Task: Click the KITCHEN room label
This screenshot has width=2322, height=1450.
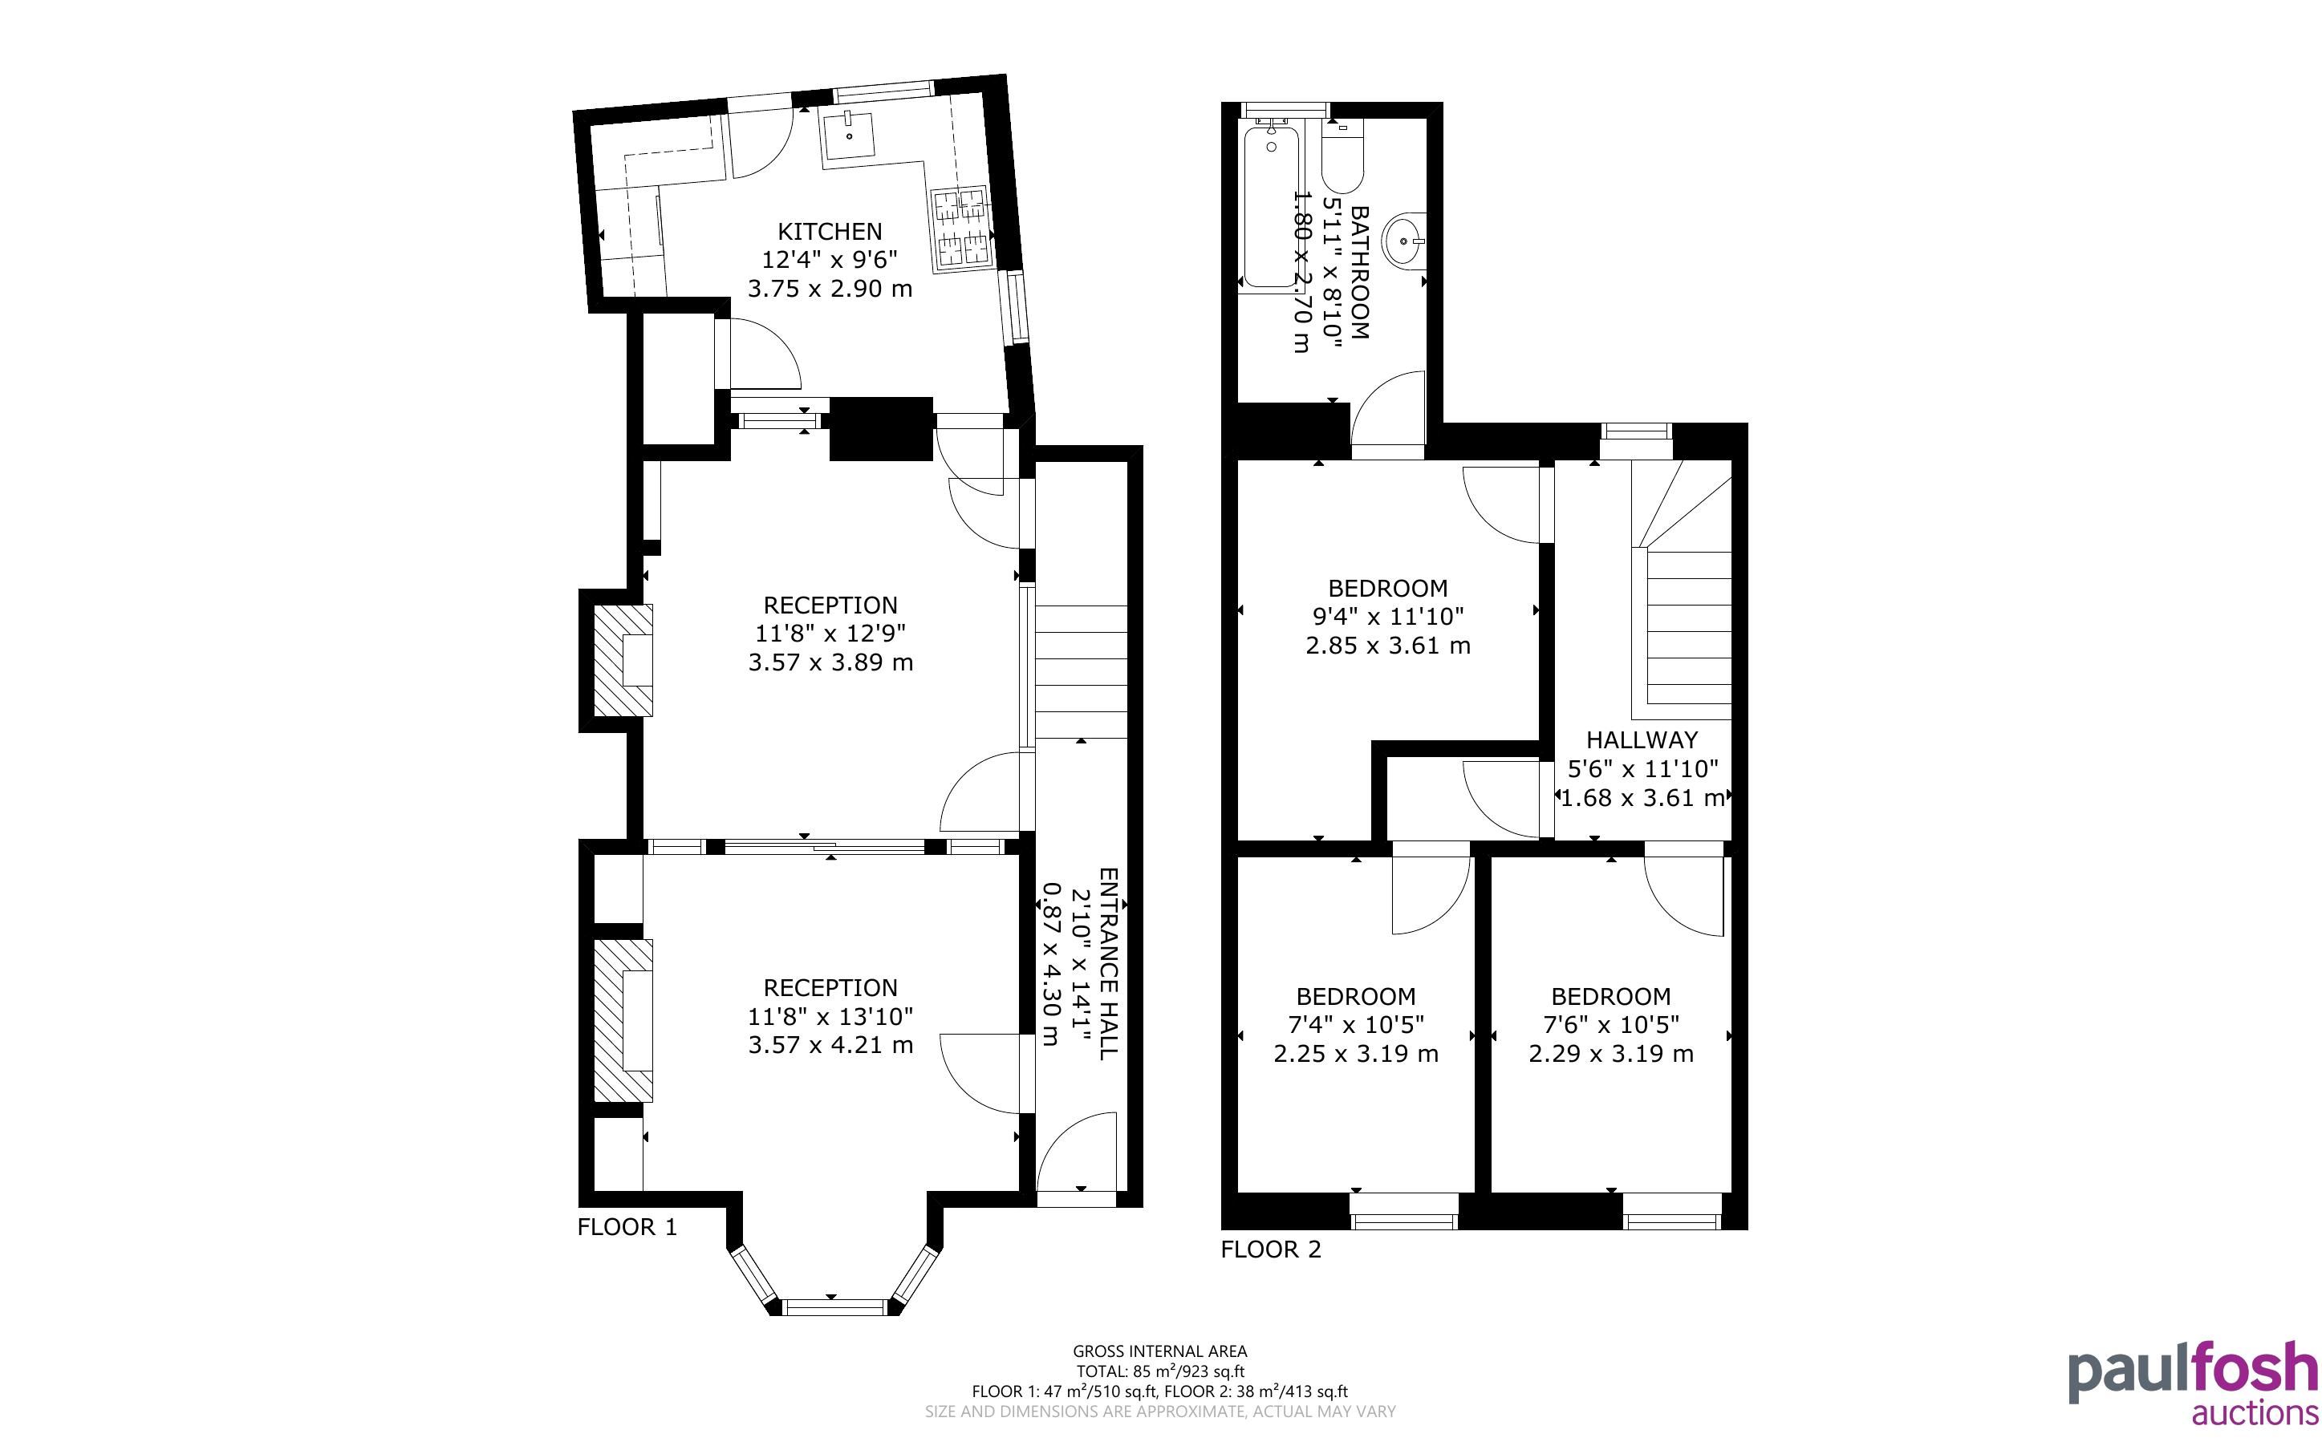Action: (x=830, y=231)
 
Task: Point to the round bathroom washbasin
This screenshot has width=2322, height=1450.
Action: (x=1404, y=241)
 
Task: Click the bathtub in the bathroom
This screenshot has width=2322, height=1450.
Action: (x=1270, y=207)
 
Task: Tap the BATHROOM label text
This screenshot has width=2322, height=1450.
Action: (x=1360, y=273)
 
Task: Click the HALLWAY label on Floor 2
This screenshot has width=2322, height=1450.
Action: (x=1641, y=739)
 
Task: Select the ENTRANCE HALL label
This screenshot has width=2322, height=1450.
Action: (x=1109, y=964)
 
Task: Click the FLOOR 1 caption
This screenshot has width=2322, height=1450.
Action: (x=627, y=1226)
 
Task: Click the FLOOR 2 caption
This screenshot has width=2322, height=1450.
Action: (x=1271, y=1249)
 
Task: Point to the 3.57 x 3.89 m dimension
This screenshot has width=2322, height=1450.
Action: (x=830, y=662)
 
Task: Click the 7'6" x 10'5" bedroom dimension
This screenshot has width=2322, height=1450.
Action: (x=1610, y=1024)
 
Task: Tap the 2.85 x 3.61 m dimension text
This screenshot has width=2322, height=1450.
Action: (x=1388, y=646)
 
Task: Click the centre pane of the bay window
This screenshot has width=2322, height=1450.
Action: (x=834, y=1306)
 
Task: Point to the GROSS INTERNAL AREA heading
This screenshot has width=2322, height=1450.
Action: (x=1159, y=1352)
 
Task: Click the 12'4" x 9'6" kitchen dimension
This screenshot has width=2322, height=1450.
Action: (x=830, y=259)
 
